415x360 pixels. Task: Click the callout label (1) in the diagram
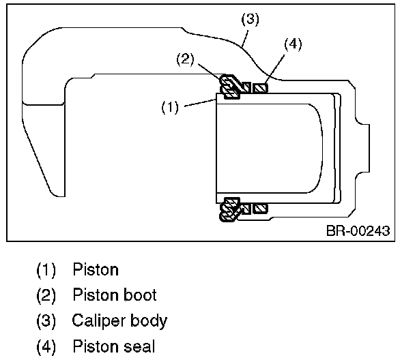pyautogui.click(x=171, y=108)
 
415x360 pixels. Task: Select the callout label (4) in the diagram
pyautogui.click(x=291, y=44)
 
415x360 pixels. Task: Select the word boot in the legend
pyautogui.click(x=139, y=295)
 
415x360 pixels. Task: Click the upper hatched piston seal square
pyautogui.click(x=260, y=88)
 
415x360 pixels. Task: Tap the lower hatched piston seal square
pyautogui.click(x=260, y=207)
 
